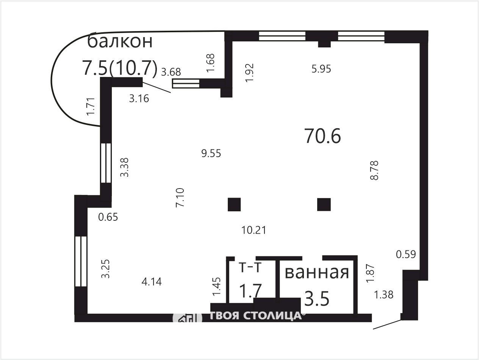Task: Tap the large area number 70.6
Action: [322, 136]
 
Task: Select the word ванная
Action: [317, 273]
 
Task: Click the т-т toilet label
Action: [250, 267]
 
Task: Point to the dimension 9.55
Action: [211, 153]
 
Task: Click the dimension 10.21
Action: [254, 230]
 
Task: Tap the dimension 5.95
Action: [321, 69]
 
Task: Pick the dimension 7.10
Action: [180, 198]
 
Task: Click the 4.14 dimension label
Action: [152, 282]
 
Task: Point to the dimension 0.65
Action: [108, 217]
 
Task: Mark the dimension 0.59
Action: [406, 254]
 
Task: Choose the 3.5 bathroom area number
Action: [317, 299]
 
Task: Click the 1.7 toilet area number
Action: [250, 291]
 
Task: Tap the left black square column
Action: [234, 204]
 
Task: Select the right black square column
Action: [324, 204]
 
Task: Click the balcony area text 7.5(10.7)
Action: [120, 68]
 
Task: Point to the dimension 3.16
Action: [139, 99]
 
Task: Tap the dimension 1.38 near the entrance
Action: [384, 294]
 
